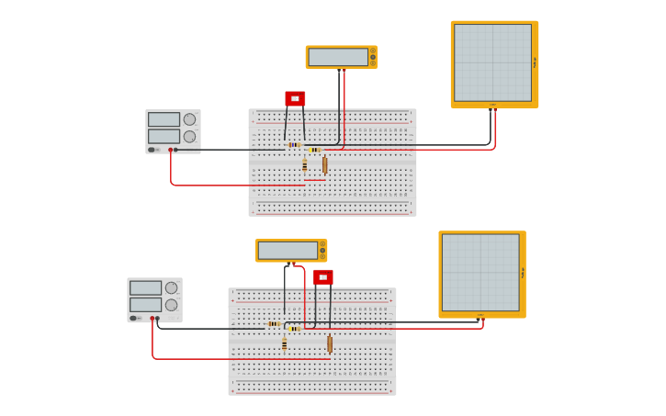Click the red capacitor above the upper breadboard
295,98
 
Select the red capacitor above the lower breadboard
322,276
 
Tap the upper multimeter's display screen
338,57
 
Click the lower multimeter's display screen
288,251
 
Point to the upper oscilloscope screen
492,62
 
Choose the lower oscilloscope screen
480,272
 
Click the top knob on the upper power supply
189,119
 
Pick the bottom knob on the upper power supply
189,137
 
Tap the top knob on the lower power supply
171,287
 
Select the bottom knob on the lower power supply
171,305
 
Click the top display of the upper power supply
164,119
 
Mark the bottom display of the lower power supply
145,305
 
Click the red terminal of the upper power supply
170,150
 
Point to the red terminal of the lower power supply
152,319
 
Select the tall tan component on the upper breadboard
324,164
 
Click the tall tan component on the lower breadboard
330,343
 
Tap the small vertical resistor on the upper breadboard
304,165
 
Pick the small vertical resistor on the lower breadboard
284,344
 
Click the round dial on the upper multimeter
372,57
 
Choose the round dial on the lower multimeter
322,250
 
